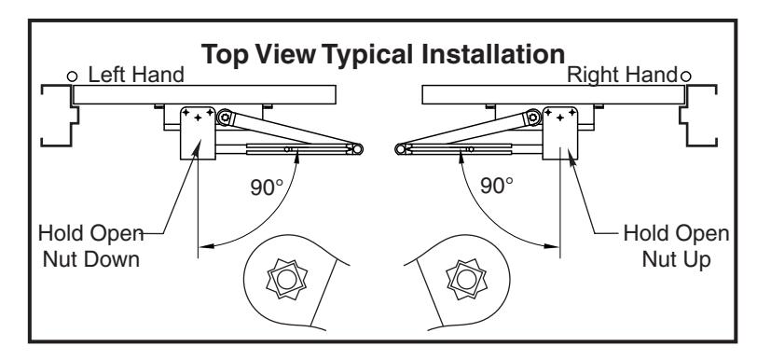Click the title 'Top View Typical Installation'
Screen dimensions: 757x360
(x=382, y=54)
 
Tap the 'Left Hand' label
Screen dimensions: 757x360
(x=136, y=75)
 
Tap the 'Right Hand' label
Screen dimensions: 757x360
(x=623, y=75)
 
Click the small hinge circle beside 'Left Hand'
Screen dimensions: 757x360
(x=72, y=76)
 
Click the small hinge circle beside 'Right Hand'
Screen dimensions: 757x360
(x=685, y=76)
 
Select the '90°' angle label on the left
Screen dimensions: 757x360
(x=267, y=187)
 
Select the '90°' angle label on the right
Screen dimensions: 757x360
(x=497, y=185)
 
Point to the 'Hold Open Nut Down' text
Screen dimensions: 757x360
(x=90, y=246)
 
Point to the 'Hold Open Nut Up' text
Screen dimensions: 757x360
(x=677, y=246)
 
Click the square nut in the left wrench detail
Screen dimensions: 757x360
(x=287, y=279)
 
